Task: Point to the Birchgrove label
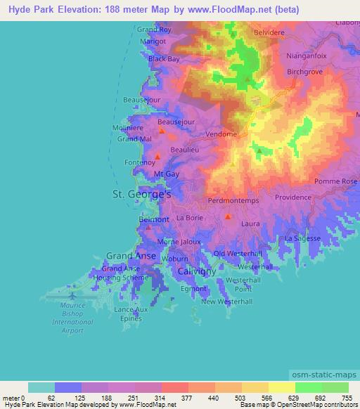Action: point(304,72)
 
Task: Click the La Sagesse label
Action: point(302,238)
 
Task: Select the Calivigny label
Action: point(196,271)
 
